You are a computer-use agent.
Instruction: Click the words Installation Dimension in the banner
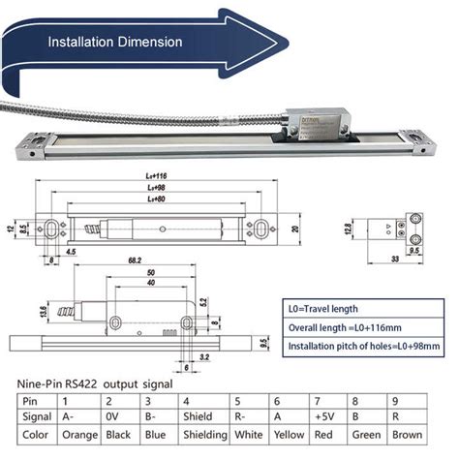pyautogui.click(x=116, y=42)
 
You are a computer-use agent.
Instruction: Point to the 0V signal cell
pyautogui.click(x=115, y=417)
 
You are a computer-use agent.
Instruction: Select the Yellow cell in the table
pyautogui.click(x=291, y=436)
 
